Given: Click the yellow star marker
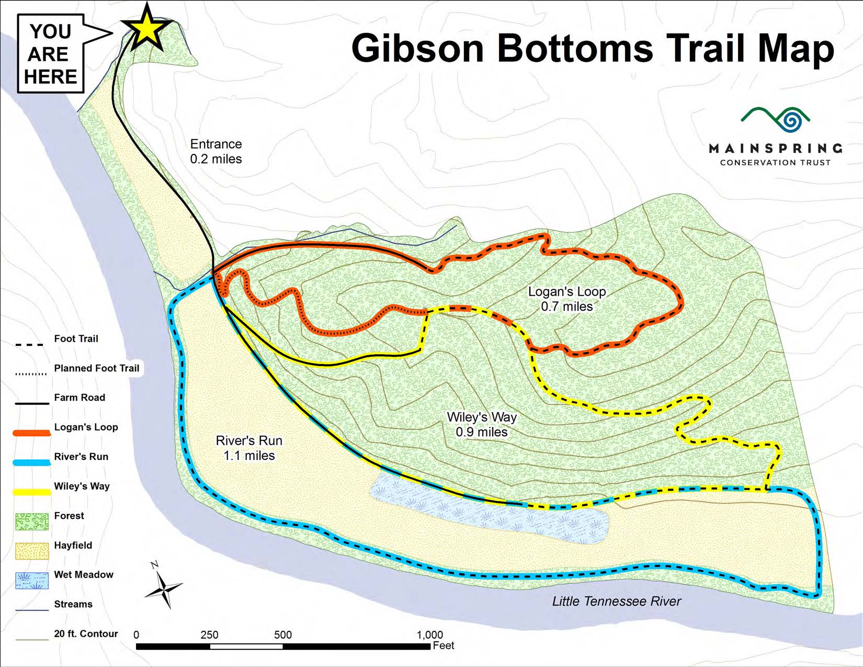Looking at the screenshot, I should [x=147, y=30].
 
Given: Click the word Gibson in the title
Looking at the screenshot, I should [x=418, y=48].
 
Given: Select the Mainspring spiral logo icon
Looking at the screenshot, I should [x=794, y=120].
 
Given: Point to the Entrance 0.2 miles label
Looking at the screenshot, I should [x=215, y=151].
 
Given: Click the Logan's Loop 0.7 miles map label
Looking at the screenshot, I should [x=567, y=299].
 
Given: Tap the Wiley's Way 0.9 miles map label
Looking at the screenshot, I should [x=482, y=424].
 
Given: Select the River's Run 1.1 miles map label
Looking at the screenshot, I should [x=249, y=448].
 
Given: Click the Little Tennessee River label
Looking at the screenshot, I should [x=617, y=601].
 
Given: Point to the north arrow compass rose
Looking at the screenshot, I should [x=164, y=588].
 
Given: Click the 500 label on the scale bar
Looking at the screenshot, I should [x=283, y=635].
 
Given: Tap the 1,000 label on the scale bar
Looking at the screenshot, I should [x=429, y=635].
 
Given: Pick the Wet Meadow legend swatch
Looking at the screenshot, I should [x=32, y=581].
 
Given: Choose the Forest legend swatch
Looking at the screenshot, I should [x=32, y=522].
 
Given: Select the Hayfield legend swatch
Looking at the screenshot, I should [x=32, y=551].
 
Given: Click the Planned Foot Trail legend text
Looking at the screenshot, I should [x=97, y=368].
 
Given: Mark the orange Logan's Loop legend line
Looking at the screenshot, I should [x=32, y=433].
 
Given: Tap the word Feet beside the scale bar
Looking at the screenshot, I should [x=444, y=646].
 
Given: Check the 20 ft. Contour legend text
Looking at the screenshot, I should [x=86, y=634].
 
